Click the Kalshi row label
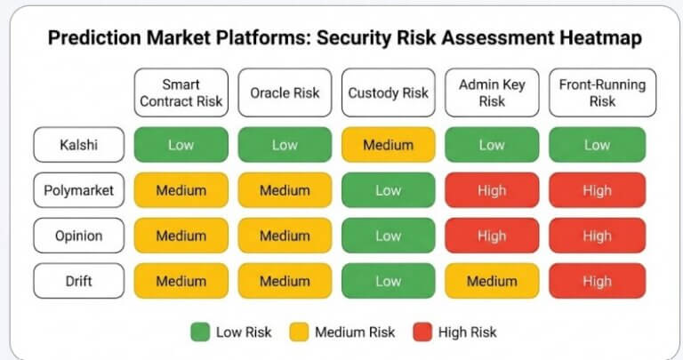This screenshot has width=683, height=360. (78, 145)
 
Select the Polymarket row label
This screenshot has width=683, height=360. (78, 190)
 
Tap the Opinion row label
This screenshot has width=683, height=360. (78, 236)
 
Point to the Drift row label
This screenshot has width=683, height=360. (78, 281)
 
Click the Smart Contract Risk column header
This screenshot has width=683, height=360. (181, 93)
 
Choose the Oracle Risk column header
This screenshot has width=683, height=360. (285, 93)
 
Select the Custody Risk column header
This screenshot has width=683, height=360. (389, 93)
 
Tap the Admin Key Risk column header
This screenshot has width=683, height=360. (492, 93)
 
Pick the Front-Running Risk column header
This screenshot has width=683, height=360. (597, 93)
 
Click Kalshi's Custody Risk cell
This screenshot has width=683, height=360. (389, 145)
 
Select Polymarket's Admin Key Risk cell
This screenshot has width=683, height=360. (492, 190)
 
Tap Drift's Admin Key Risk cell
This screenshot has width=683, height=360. (492, 281)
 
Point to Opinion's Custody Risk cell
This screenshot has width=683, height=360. (389, 236)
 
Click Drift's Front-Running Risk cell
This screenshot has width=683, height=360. (597, 281)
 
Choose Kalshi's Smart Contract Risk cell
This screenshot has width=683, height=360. (181, 145)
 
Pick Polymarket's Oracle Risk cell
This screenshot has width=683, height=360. (285, 190)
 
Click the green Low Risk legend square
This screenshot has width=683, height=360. (199, 332)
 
